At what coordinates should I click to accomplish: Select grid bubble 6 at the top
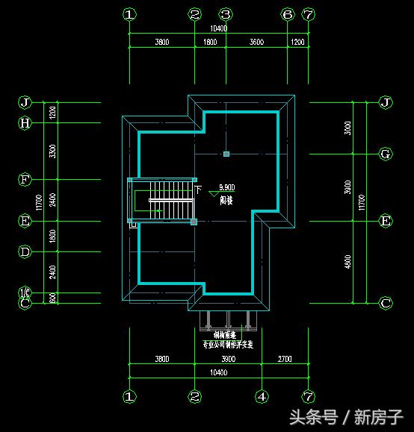click(x=288, y=14)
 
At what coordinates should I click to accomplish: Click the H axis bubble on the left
click(x=25, y=123)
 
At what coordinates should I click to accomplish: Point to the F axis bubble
click(x=25, y=180)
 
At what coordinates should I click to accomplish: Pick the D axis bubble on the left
click(x=25, y=252)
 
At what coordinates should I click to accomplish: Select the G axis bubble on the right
click(x=386, y=154)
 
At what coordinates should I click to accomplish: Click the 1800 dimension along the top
click(x=211, y=42)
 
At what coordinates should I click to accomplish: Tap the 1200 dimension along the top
click(x=297, y=42)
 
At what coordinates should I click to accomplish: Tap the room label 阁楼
click(x=225, y=201)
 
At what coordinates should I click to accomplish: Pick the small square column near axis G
click(x=226, y=154)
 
